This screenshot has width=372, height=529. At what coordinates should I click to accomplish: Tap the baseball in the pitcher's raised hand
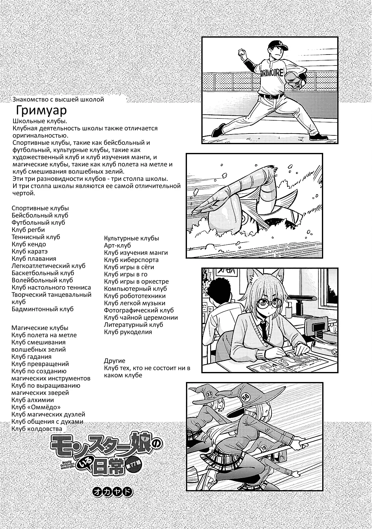242,52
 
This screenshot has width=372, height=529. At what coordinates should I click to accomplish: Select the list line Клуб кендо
29,244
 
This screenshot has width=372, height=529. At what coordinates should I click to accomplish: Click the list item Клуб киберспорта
131,260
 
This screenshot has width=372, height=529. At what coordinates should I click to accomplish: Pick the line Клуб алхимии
33,400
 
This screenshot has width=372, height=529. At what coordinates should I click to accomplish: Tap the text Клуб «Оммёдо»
36,407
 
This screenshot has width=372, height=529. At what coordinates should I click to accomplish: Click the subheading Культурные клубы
132,238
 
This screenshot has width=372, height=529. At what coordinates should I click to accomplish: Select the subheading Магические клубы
40,328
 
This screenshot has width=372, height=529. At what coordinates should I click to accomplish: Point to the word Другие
115,361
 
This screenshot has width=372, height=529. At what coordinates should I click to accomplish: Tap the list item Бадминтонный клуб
43,309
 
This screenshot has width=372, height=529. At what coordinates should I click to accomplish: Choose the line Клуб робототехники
135,296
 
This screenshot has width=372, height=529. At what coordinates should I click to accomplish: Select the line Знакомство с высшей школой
58,100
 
